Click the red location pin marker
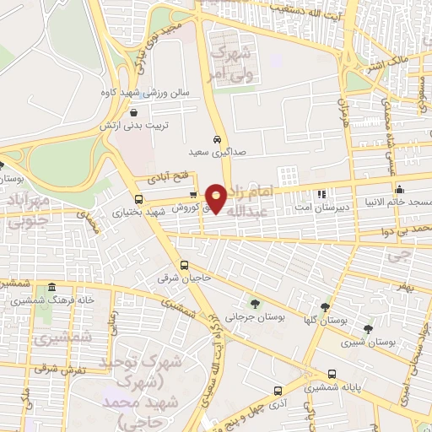tap(218, 197)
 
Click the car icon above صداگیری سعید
tap(217, 138)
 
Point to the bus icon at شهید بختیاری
tap(139, 201)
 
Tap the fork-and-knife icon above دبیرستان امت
tap(320, 194)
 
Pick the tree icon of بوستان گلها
tap(325, 307)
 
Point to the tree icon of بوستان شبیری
tap(367, 328)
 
